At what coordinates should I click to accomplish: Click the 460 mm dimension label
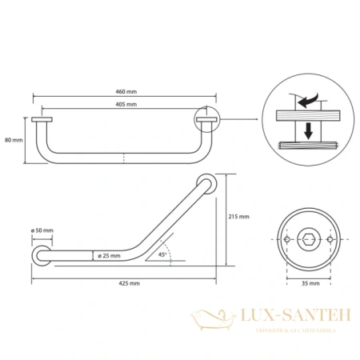tap(126, 92)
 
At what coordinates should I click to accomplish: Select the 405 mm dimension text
tap(126, 104)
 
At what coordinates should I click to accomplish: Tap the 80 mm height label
tap(14, 140)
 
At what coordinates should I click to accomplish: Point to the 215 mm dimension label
tap(238, 217)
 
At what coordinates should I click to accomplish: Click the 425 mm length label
tap(129, 283)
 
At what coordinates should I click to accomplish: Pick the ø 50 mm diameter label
tap(42, 230)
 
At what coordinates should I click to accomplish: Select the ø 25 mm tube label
tap(109, 256)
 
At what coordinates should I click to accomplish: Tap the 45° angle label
tap(162, 254)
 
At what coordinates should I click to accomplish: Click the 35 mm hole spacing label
tap(310, 283)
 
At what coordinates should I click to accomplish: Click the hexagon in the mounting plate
tap(309, 239)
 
